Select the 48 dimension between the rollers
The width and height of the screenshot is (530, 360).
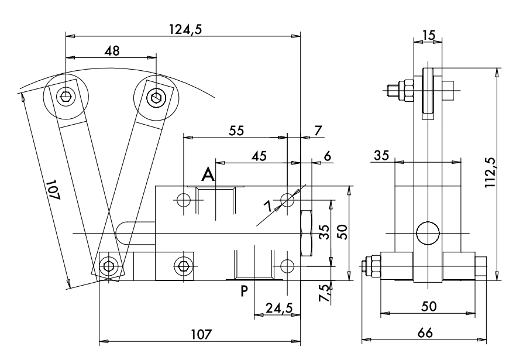111,51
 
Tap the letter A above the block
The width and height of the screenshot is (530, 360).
208,174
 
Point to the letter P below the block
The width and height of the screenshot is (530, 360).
245,291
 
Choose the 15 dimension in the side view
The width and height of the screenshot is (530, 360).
429,35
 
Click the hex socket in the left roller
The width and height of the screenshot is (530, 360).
66,95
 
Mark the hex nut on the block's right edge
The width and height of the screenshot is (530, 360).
306,232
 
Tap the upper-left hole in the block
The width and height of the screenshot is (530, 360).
183,200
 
